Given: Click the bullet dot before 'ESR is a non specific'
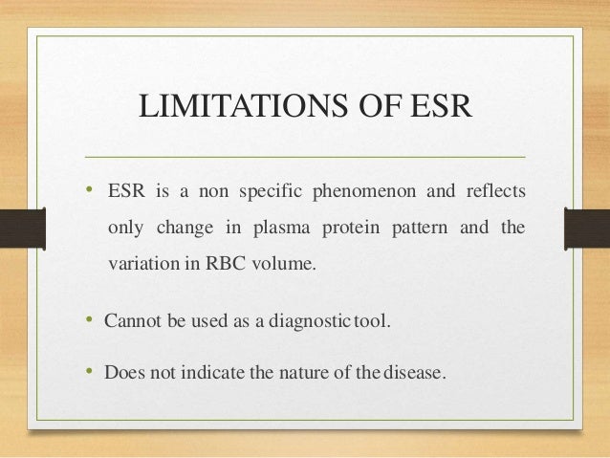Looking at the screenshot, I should point(89,189).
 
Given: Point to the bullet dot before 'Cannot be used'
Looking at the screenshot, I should point(89,320).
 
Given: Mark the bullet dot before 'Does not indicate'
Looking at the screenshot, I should point(89,372).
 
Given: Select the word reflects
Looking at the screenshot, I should point(493,191).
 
